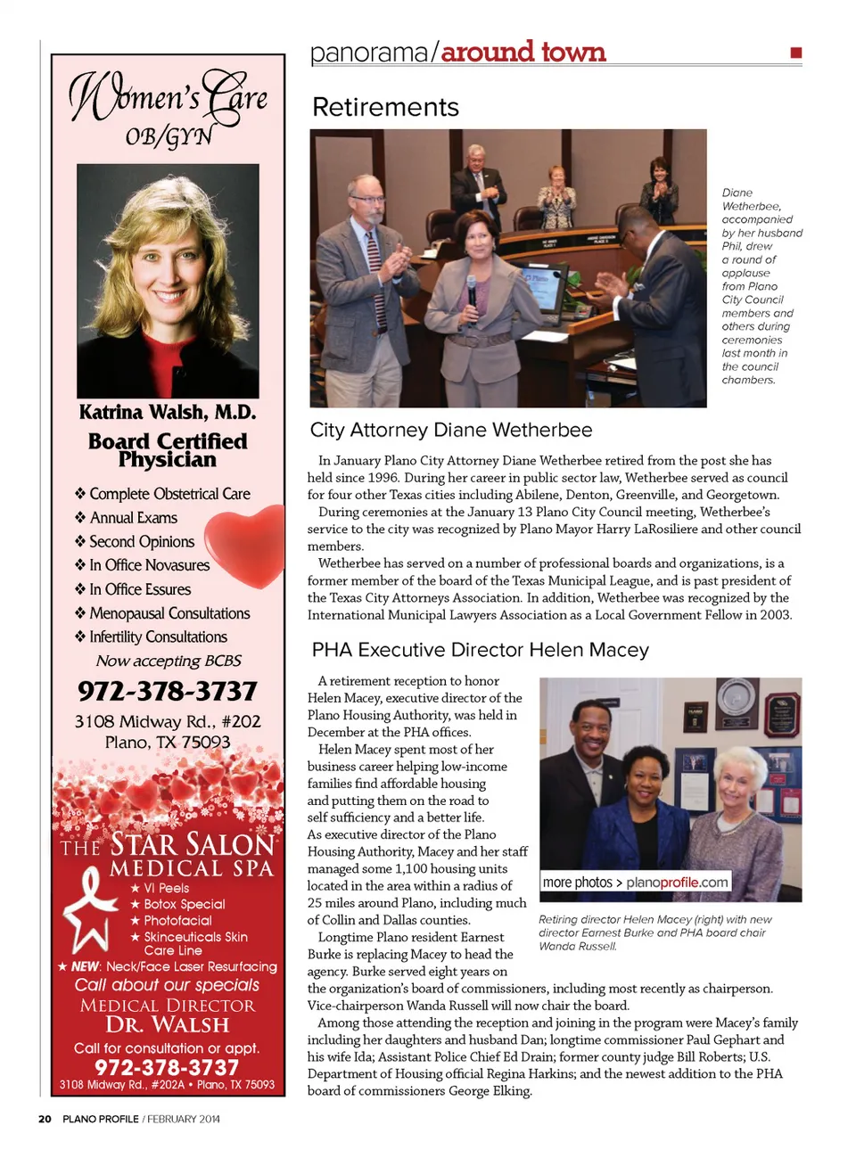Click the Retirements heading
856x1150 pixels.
click(x=385, y=108)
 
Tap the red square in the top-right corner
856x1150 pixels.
click(x=795, y=53)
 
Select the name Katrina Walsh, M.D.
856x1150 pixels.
click(x=168, y=412)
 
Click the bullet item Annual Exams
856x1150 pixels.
click(x=133, y=518)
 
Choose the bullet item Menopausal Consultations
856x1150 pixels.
click(x=169, y=613)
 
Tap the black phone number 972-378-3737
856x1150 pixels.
click(x=168, y=691)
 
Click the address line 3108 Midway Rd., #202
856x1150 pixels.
click(x=168, y=721)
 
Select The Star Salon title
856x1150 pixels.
click(x=168, y=843)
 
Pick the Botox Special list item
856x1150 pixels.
click(x=184, y=904)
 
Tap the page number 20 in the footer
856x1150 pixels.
click(x=45, y=1119)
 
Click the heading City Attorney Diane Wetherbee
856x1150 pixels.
click(x=451, y=431)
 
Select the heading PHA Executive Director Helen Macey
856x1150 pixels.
click(x=480, y=650)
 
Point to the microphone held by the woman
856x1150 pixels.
click(x=472, y=290)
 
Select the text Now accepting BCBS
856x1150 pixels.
click(x=169, y=661)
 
